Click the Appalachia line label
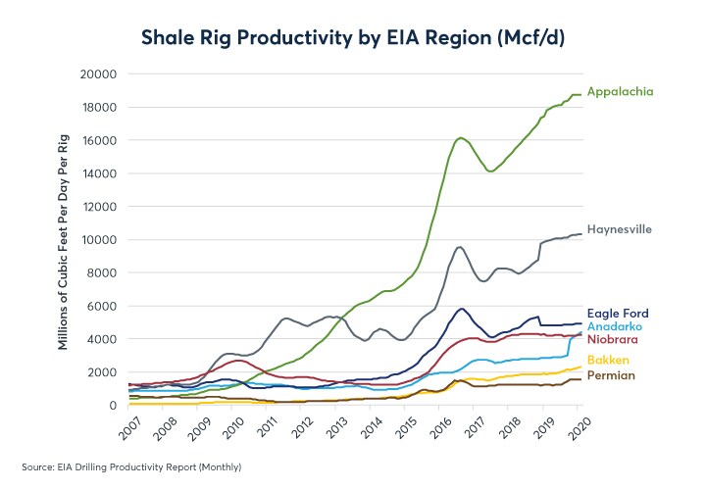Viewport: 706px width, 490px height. click(x=620, y=92)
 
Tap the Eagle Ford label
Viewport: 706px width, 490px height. click(x=618, y=314)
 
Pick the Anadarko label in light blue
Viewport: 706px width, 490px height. click(x=615, y=326)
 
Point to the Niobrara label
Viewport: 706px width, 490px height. click(x=614, y=339)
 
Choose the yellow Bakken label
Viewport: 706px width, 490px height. click(x=608, y=361)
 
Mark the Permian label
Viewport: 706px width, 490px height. click(x=610, y=375)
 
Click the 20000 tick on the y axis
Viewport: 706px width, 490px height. click(x=100, y=74)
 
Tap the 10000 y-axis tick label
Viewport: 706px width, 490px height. click(x=100, y=240)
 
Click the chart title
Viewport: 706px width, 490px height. click(x=353, y=38)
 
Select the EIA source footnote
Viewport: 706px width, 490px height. click(x=131, y=466)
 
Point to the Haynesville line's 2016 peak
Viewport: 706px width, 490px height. click(x=459, y=247)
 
